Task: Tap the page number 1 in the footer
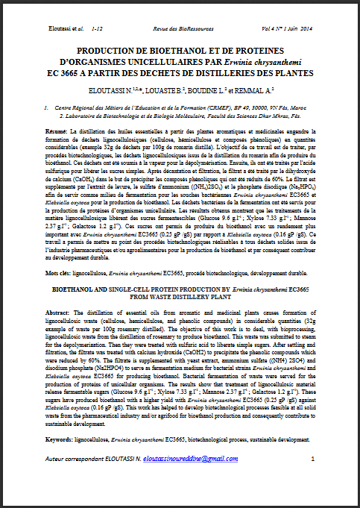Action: click(x=312, y=478)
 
